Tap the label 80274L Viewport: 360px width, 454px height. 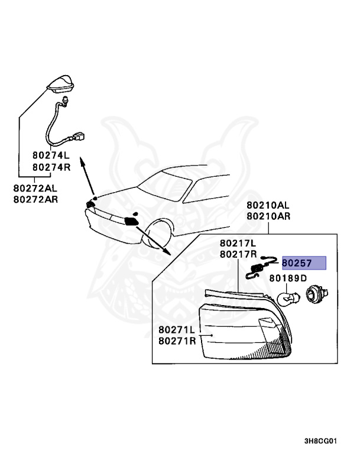[x=51, y=156]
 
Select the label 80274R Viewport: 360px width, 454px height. [x=51, y=167]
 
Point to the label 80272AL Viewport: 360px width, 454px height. [x=35, y=188]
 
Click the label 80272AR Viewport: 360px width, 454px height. [x=35, y=199]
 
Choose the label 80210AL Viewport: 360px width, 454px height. [x=268, y=206]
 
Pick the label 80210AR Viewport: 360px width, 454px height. [x=268, y=216]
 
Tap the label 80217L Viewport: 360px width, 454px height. [x=238, y=244]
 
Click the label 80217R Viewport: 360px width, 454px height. [x=238, y=255]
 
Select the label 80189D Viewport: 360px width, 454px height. [x=288, y=278]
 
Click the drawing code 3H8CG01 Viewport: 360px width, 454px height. [x=320, y=440]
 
